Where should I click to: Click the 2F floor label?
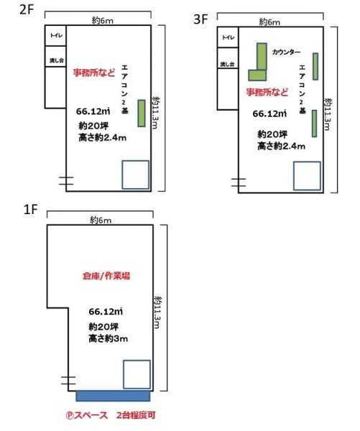[x=26, y=9]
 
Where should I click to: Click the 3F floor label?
[x=200, y=19]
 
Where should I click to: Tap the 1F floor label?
[x=30, y=210]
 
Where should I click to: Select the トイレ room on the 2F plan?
[x=55, y=35]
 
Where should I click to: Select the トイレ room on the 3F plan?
[x=228, y=37]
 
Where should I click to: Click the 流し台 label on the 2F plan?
[x=56, y=60]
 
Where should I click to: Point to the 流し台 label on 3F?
[x=227, y=65]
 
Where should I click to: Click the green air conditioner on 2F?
[x=142, y=113]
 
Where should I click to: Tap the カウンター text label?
[x=286, y=52]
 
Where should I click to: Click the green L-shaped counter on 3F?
[x=262, y=57]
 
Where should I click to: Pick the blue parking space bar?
[x=113, y=396]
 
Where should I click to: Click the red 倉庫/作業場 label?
[x=106, y=276]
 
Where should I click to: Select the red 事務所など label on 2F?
[x=94, y=73]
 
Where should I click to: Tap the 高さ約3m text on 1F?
[x=108, y=338]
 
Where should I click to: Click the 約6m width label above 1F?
[x=101, y=220]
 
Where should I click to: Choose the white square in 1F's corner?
[x=137, y=374]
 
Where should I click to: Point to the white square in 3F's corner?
[x=307, y=176]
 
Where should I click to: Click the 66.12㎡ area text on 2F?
[x=93, y=111]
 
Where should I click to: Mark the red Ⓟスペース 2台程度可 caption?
[x=111, y=415]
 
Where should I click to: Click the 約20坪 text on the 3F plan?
[x=272, y=134]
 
